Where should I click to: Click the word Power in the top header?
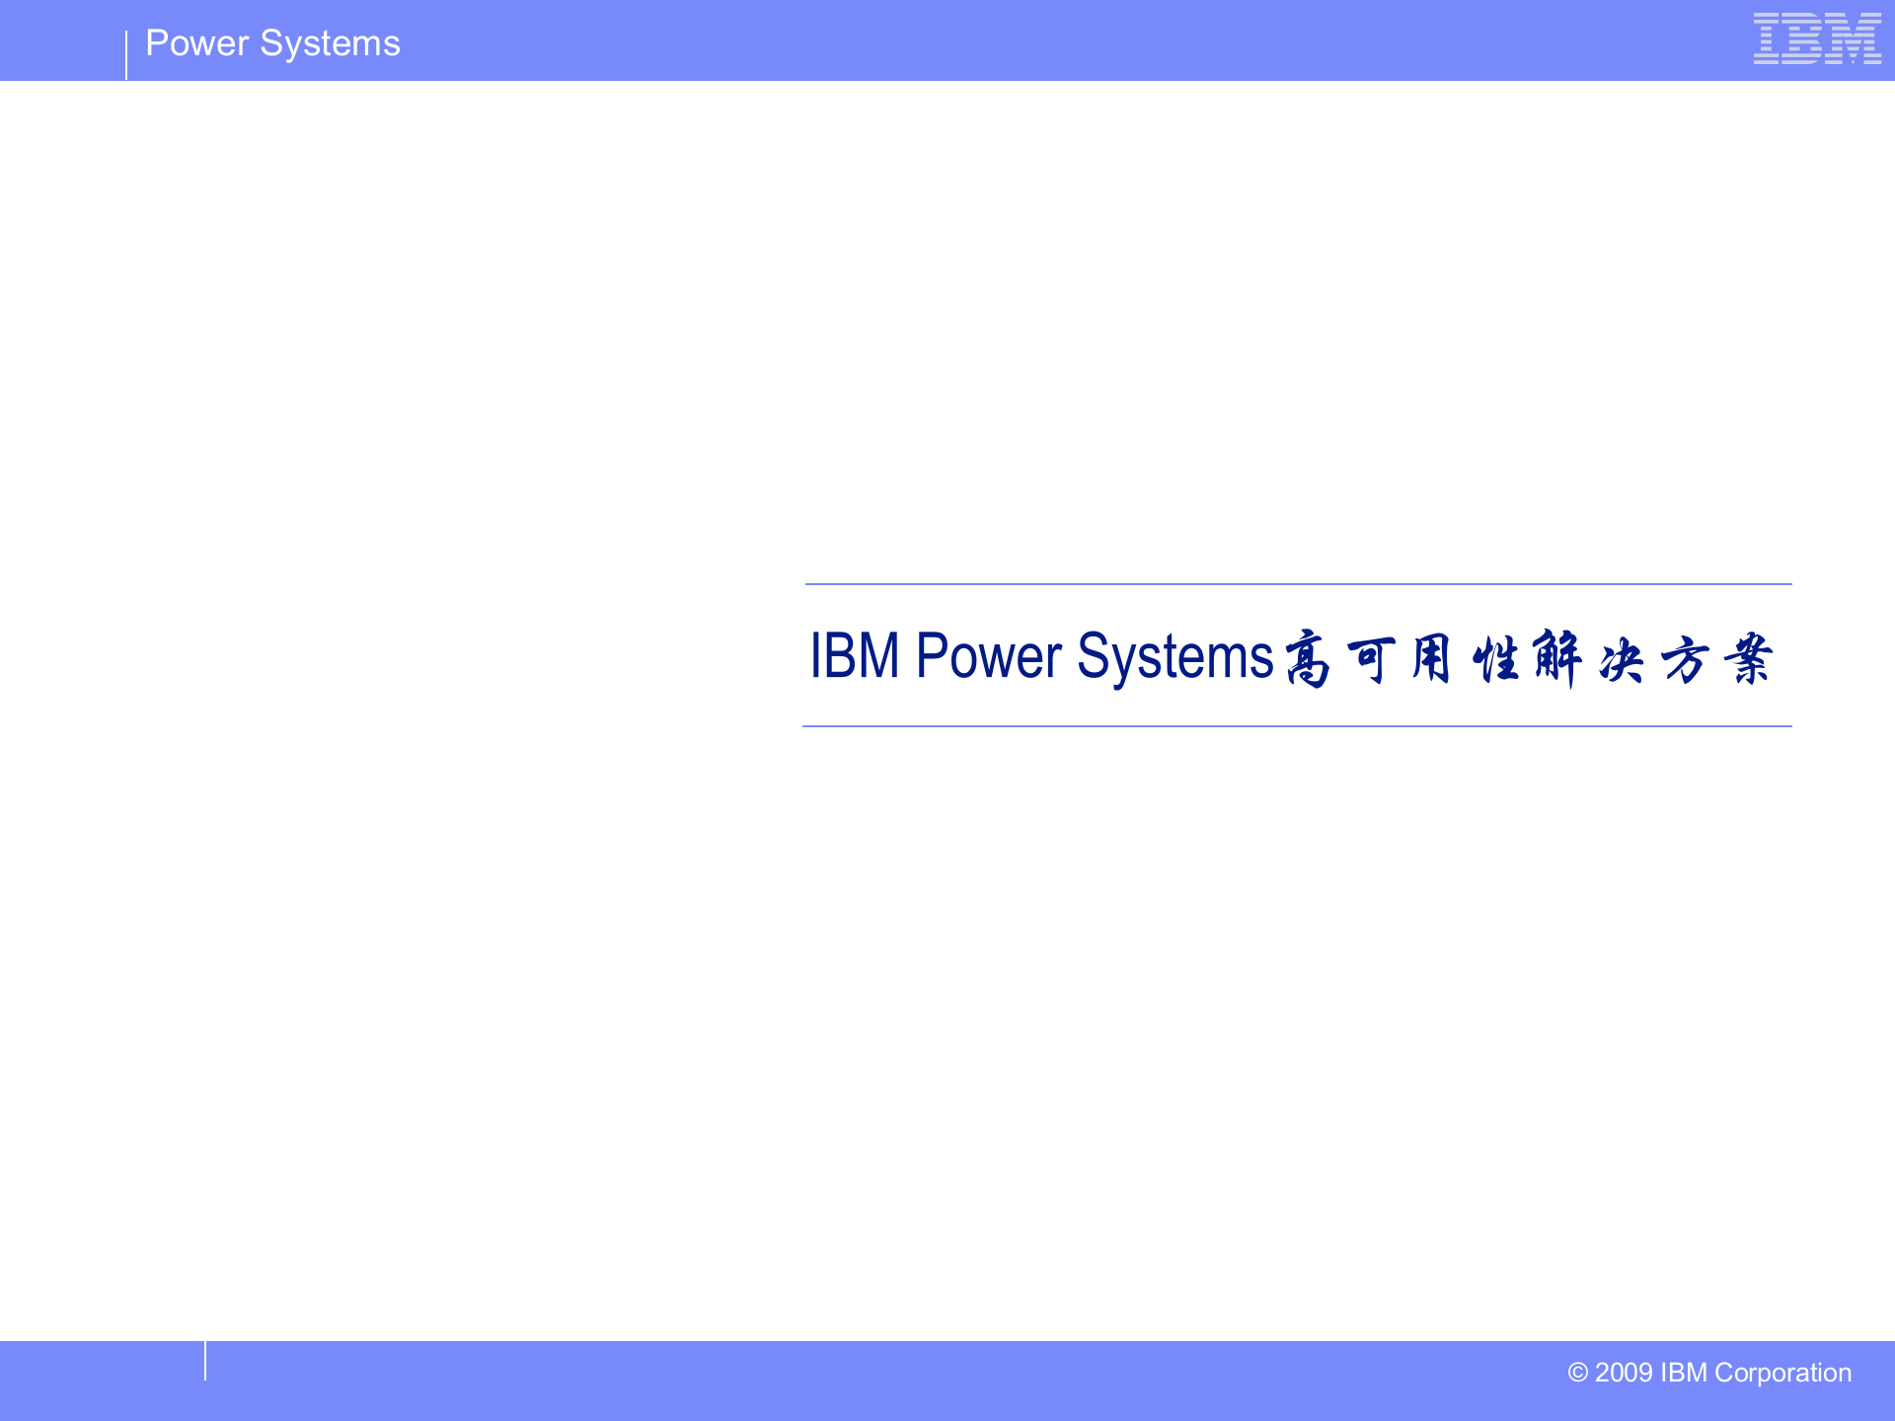tap(196, 43)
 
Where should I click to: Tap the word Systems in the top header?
tap(330, 43)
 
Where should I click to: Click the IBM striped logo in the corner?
tap(1817, 38)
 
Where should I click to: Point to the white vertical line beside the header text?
tap(126, 55)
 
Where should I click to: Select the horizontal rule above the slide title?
tap(1298, 584)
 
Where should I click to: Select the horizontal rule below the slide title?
tap(1297, 726)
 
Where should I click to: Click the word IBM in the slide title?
tap(855, 655)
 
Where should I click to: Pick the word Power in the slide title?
tap(989, 655)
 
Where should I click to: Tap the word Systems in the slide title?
tap(1175, 656)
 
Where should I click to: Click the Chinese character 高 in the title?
tap(1308, 658)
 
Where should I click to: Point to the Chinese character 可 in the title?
tap(1371, 658)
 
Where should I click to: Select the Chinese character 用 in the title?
tap(1431, 658)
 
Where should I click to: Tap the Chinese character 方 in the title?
tap(1685, 658)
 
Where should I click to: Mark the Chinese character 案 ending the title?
tap(1748, 658)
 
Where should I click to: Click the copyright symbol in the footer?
tap(1577, 1373)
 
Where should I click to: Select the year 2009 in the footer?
tap(1624, 1373)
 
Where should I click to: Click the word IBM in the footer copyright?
tap(1684, 1373)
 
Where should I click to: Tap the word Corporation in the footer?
tap(1782, 1373)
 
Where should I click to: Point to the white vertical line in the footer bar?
tap(205, 1361)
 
